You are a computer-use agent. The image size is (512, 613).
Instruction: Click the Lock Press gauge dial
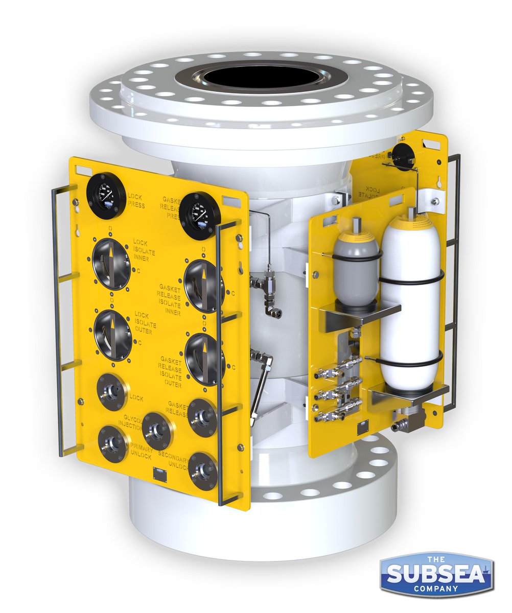pos(106,196)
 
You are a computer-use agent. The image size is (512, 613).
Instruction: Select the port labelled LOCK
pos(112,392)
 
